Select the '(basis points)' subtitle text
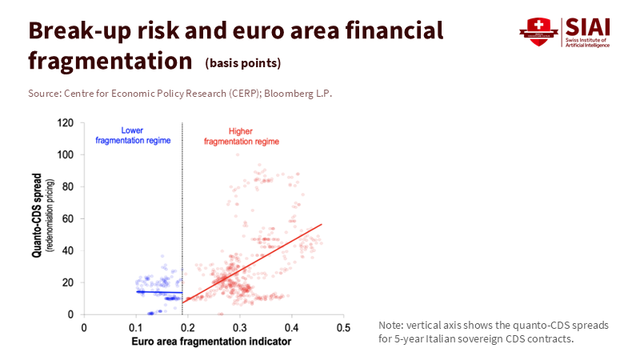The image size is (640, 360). coord(243,62)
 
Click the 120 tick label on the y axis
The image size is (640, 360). coord(67,123)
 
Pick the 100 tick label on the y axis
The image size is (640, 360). coord(67,155)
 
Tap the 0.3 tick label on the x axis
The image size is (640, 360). coord(240,327)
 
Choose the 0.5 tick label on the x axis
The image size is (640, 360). coord(343,327)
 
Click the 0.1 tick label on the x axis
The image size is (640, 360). coord(136,327)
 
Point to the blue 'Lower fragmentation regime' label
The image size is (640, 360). coord(134,135)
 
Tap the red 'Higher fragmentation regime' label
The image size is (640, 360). coord(241,136)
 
